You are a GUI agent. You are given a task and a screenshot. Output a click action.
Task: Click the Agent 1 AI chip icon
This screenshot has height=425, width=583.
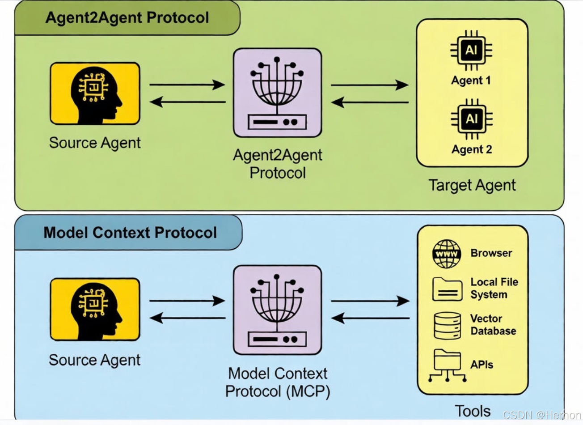(x=471, y=50)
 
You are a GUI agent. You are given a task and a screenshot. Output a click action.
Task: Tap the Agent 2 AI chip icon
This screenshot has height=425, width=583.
(x=471, y=119)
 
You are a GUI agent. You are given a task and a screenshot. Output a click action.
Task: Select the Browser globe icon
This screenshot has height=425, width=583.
(x=446, y=254)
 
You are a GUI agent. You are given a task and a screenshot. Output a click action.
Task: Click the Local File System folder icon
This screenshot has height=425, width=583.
(x=447, y=289)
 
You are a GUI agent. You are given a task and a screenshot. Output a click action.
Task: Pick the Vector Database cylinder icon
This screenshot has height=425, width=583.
(x=447, y=326)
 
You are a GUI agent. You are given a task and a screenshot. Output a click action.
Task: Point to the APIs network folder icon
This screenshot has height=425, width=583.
(x=447, y=365)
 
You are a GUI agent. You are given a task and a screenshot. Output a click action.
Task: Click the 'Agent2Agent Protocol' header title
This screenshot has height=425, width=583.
(x=127, y=18)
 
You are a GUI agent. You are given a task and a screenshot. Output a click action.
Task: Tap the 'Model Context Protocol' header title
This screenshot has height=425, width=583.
(x=130, y=233)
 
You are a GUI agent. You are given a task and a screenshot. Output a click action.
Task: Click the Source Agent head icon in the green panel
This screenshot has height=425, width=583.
(x=95, y=93)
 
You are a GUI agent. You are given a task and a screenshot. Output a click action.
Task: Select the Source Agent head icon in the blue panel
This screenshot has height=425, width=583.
(x=95, y=309)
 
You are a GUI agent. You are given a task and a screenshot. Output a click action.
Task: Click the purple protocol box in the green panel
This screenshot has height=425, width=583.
(x=277, y=93)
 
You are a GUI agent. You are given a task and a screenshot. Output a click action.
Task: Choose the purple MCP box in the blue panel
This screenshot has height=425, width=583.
(x=277, y=310)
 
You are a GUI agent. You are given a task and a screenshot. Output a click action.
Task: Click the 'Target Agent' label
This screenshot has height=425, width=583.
(x=472, y=185)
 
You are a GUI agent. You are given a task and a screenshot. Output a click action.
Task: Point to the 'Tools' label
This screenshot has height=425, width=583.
(x=473, y=411)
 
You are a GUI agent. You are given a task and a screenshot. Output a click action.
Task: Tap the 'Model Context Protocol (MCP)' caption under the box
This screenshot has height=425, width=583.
(x=278, y=382)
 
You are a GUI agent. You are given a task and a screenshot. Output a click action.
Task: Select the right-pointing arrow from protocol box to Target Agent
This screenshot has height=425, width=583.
(x=369, y=85)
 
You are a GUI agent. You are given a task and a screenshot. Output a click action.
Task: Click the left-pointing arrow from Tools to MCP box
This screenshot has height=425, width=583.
(x=370, y=318)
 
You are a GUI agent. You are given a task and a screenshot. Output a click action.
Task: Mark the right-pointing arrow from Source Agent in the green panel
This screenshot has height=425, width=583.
(x=187, y=84)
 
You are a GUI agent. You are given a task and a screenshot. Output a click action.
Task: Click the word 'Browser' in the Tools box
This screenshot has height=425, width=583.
(x=491, y=253)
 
